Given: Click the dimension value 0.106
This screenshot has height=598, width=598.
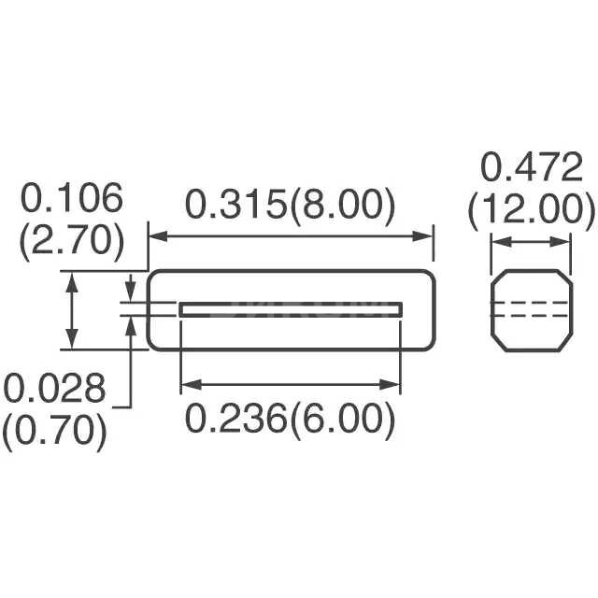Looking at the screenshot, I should [72, 200].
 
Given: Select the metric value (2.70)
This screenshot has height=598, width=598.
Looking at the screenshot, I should [72, 240].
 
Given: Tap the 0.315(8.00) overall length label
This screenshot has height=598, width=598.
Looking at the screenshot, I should [289, 206].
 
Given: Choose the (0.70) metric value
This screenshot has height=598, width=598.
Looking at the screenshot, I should [55, 430].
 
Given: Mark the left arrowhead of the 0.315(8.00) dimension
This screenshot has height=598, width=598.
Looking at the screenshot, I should [156, 237].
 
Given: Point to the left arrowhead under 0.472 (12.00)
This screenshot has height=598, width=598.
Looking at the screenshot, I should [498, 242].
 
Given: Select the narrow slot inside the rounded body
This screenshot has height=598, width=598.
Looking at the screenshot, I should [291, 309].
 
